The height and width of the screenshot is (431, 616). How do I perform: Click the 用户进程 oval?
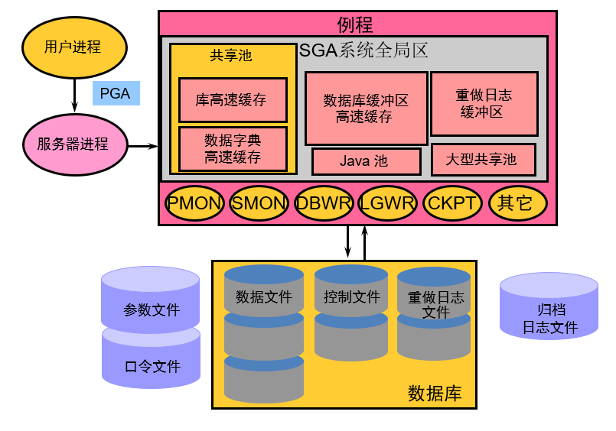click(73, 47)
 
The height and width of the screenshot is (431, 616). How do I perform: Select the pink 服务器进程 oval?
click(73, 144)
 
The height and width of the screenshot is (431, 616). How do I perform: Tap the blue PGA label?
click(116, 94)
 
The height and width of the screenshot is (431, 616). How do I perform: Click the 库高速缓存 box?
click(233, 100)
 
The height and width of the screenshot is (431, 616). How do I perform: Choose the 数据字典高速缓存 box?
click(233, 149)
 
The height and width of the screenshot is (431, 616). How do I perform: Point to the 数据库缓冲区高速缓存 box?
click(366, 108)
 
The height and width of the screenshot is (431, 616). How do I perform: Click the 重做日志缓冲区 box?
click(484, 103)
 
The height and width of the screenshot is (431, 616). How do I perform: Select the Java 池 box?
click(366, 161)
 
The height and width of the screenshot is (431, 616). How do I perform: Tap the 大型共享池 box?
click(484, 159)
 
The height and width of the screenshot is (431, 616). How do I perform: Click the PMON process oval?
click(195, 203)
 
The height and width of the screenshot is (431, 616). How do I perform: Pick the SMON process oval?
click(259, 203)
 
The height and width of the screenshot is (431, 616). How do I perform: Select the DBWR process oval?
click(324, 203)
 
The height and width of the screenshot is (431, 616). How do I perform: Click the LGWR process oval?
click(388, 203)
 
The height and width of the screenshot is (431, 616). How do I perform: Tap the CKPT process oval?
click(452, 203)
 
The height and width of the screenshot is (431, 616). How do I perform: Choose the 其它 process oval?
click(517, 203)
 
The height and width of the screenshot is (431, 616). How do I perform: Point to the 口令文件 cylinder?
click(151, 362)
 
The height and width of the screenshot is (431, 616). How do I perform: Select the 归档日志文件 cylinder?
click(549, 317)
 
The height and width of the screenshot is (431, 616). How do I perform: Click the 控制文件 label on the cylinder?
click(351, 297)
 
